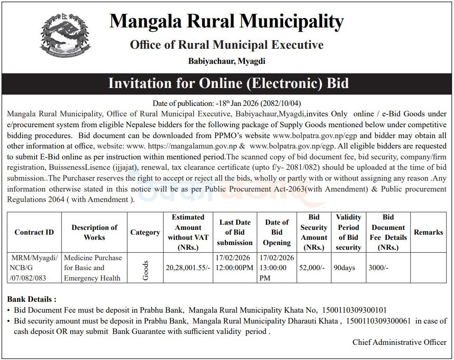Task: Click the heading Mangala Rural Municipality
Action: [226, 21]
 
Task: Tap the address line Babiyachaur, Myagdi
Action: [226, 61]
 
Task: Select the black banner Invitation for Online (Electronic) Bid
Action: [227, 84]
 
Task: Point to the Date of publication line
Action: [227, 103]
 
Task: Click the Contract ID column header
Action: [34, 232]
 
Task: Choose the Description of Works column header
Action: [94, 232]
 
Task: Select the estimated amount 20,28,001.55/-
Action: [187, 268]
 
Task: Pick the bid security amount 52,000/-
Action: [312, 268]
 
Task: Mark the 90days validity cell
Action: [344, 268]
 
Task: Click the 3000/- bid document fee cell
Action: [378, 268]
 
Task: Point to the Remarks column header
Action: [428, 232]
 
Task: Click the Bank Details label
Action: [32, 299]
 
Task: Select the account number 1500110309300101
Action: [354, 310]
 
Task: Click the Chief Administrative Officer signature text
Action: [399, 342]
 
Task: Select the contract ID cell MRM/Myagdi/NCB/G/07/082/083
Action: [34, 268]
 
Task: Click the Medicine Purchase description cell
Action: [93, 268]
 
